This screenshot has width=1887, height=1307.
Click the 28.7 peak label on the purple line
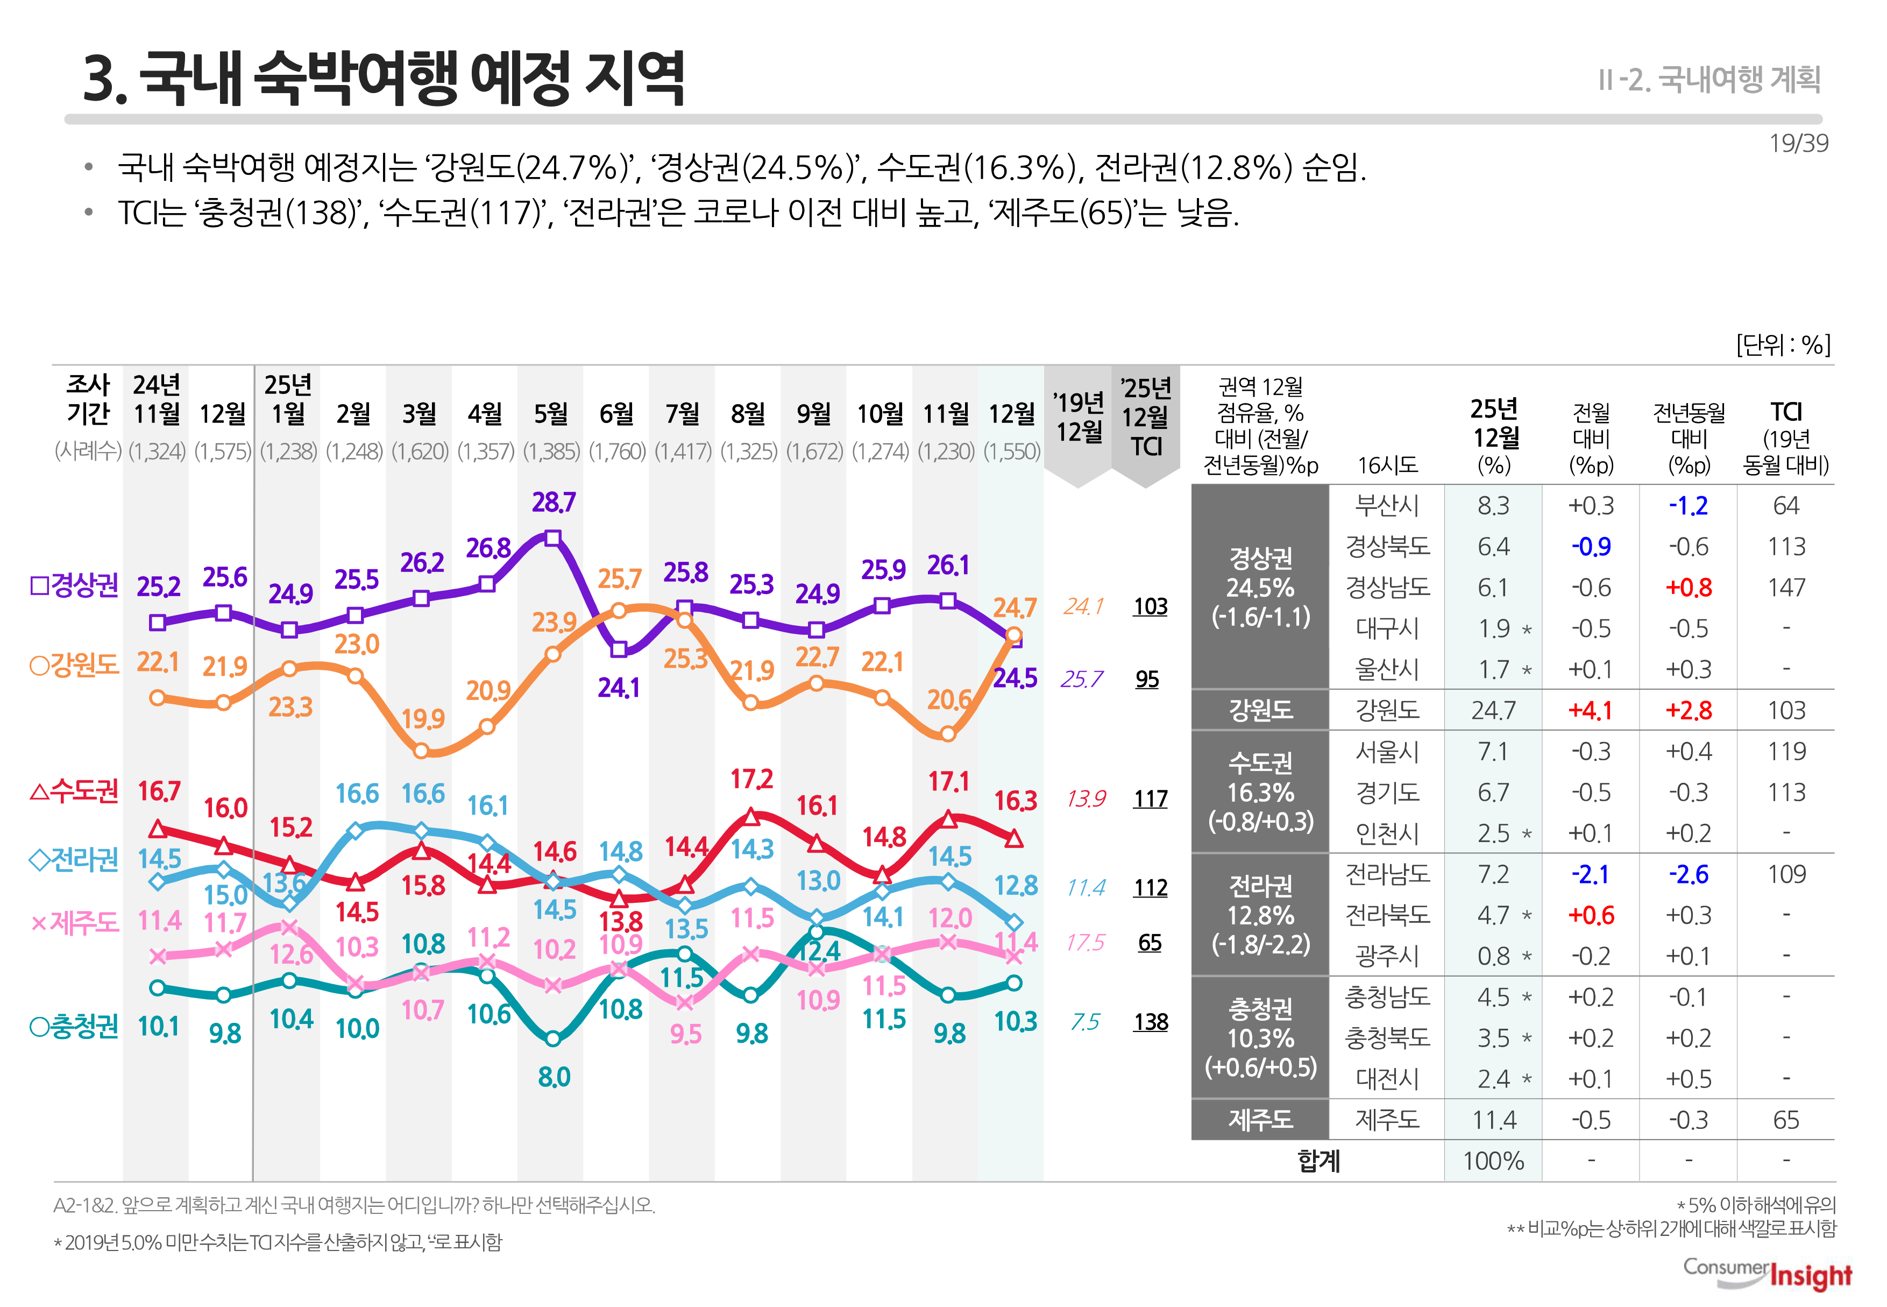(x=554, y=502)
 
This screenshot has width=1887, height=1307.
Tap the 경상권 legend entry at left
(x=74, y=585)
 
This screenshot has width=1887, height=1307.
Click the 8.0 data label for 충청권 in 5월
(x=554, y=1077)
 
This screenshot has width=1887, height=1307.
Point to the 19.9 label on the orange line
(x=422, y=718)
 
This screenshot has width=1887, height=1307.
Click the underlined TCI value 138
(x=1150, y=1021)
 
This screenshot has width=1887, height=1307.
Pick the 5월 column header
(x=551, y=414)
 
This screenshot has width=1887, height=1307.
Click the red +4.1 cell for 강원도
(x=1590, y=710)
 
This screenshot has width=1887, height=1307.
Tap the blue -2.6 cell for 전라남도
(x=1688, y=874)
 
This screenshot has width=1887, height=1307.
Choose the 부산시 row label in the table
(x=1387, y=505)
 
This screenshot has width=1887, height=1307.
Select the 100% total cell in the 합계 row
(x=1493, y=1161)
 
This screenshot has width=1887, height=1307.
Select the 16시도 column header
(x=1387, y=465)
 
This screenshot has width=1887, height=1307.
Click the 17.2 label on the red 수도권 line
(x=751, y=778)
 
